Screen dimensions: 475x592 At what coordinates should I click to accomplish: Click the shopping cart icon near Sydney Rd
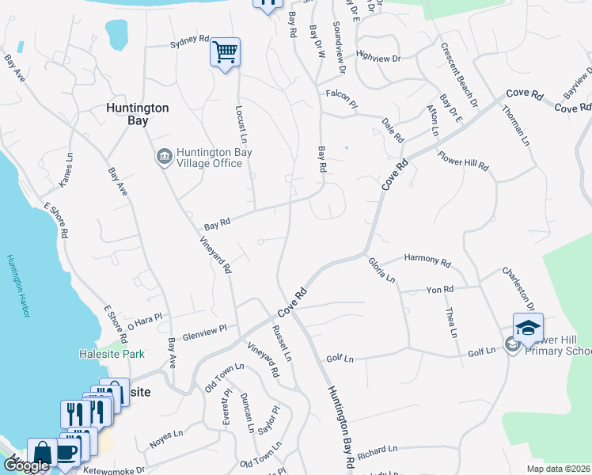(226, 52)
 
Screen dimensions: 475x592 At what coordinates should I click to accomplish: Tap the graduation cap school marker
(528, 327)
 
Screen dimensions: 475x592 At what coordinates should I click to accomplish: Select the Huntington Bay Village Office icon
(165, 156)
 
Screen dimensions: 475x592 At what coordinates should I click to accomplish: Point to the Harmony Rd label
(427, 260)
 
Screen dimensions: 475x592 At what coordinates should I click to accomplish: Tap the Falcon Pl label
(342, 93)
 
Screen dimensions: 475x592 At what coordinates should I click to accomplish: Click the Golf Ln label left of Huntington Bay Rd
(339, 358)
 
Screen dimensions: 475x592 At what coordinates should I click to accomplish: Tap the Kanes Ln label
(65, 169)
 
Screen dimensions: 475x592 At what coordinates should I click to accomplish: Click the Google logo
(26, 465)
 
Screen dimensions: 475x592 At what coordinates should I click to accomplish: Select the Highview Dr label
(379, 57)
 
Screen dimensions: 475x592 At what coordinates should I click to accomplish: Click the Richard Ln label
(377, 451)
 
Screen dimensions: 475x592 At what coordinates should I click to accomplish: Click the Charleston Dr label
(518, 287)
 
